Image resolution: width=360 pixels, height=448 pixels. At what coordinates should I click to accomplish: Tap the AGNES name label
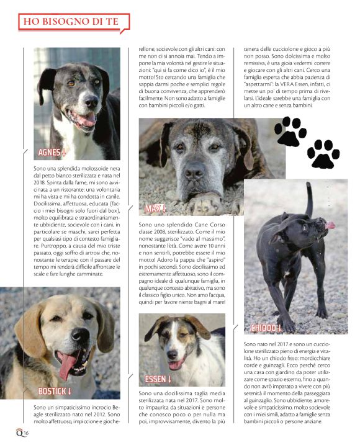tap(52, 152)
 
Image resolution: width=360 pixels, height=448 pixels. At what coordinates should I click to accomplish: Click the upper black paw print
tap(290, 131)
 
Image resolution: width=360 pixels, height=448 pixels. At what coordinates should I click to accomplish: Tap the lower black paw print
tap(323, 154)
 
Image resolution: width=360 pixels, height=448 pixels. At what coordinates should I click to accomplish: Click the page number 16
tap(18, 432)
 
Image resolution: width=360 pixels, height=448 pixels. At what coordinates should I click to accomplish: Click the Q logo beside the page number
tap(9, 432)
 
